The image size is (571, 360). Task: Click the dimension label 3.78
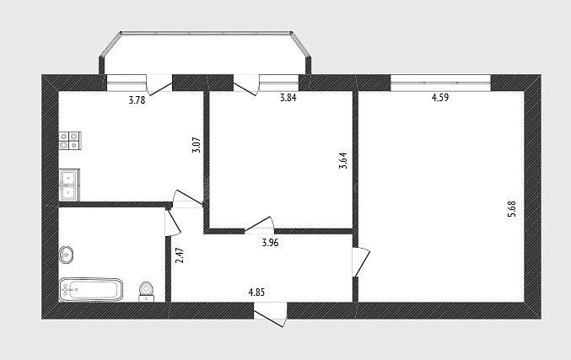(x=137, y=100)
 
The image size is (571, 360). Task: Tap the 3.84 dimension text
(x=288, y=98)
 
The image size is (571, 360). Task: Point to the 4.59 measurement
(x=440, y=98)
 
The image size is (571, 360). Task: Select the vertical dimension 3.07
(x=197, y=144)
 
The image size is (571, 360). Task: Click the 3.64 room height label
(x=343, y=160)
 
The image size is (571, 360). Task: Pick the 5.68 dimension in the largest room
(x=512, y=209)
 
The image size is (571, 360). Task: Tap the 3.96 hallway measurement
(x=270, y=243)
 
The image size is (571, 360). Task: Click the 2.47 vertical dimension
(x=180, y=255)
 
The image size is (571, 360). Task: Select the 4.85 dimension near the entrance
(x=256, y=292)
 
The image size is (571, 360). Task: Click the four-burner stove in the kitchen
(x=69, y=141)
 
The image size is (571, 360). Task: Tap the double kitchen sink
(x=69, y=185)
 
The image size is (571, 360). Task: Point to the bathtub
(x=91, y=290)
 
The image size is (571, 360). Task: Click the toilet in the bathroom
(x=147, y=292)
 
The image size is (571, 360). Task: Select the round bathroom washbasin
(x=67, y=254)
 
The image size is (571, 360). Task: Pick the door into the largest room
(x=360, y=262)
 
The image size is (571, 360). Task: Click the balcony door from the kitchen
(x=159, y=85)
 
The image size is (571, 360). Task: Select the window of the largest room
(x=440, y=83)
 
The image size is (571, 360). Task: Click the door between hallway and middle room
(x=259, y=224)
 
